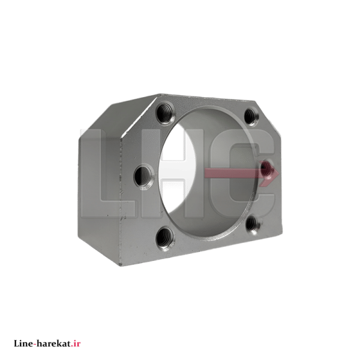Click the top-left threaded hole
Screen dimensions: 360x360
click(166, 113)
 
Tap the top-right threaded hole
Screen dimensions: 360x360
click(251, 116)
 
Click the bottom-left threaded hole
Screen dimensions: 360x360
click(165, 238)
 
